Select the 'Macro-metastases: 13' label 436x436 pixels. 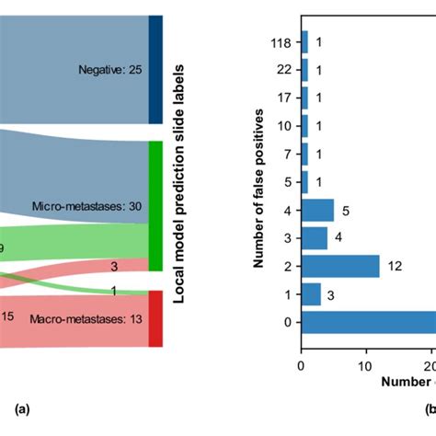click(x=97, y=319)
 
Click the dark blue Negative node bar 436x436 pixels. click(x=155, y=69)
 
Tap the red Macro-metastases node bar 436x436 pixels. click(x=155, y=318)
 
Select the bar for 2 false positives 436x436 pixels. click(x=340, y=266)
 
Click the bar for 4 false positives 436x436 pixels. click(x=317, y=211)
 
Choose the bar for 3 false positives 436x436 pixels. click(x=315, y=238)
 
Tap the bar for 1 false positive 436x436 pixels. click(x=311, y=294)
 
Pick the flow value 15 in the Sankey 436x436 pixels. click(x=7, y=316)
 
